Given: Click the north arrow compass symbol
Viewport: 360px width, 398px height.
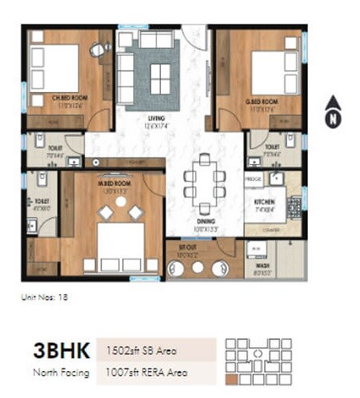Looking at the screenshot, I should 332,111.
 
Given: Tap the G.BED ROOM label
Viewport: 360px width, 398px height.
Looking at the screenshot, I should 262,103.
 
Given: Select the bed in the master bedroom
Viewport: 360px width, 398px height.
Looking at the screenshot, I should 120,241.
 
